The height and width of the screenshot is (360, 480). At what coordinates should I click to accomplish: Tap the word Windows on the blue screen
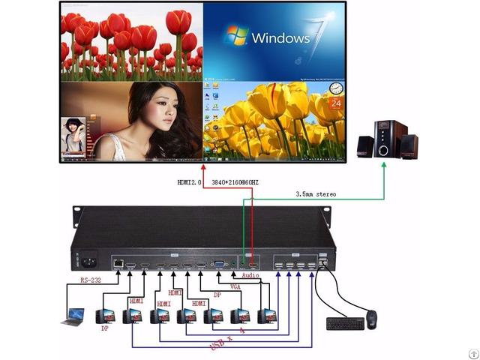point(281,37)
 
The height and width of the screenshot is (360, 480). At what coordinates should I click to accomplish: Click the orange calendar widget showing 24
point(335,101)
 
